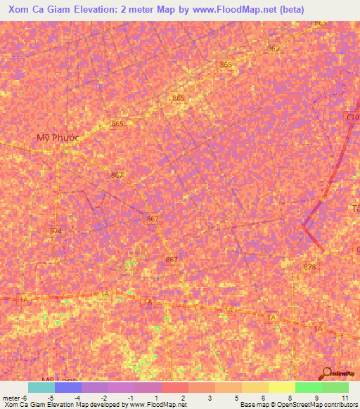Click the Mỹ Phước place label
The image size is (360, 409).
click(x=58, y=138)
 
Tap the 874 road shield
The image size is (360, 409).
click(x=56, y=231)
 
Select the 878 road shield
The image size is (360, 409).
click(x=310, y=268)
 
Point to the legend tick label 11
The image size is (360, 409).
click(x=345, y=398)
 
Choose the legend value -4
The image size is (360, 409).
click(x=77, y=398)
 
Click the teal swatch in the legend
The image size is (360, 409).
click(x=41, y=387)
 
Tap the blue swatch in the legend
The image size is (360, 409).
click(x=68, y=387)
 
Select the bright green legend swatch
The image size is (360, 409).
click(x=309, y=387)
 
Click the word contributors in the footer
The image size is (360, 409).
click(x=340, y=405)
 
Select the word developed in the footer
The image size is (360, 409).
click(x=103, y=405)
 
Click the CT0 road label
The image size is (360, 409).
click(x=352, y=118)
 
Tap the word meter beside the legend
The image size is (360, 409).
click(x=10, y=398)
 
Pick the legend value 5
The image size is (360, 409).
click(x=237, y=398)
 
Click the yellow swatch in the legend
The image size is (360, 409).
click(x=282, y=387)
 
